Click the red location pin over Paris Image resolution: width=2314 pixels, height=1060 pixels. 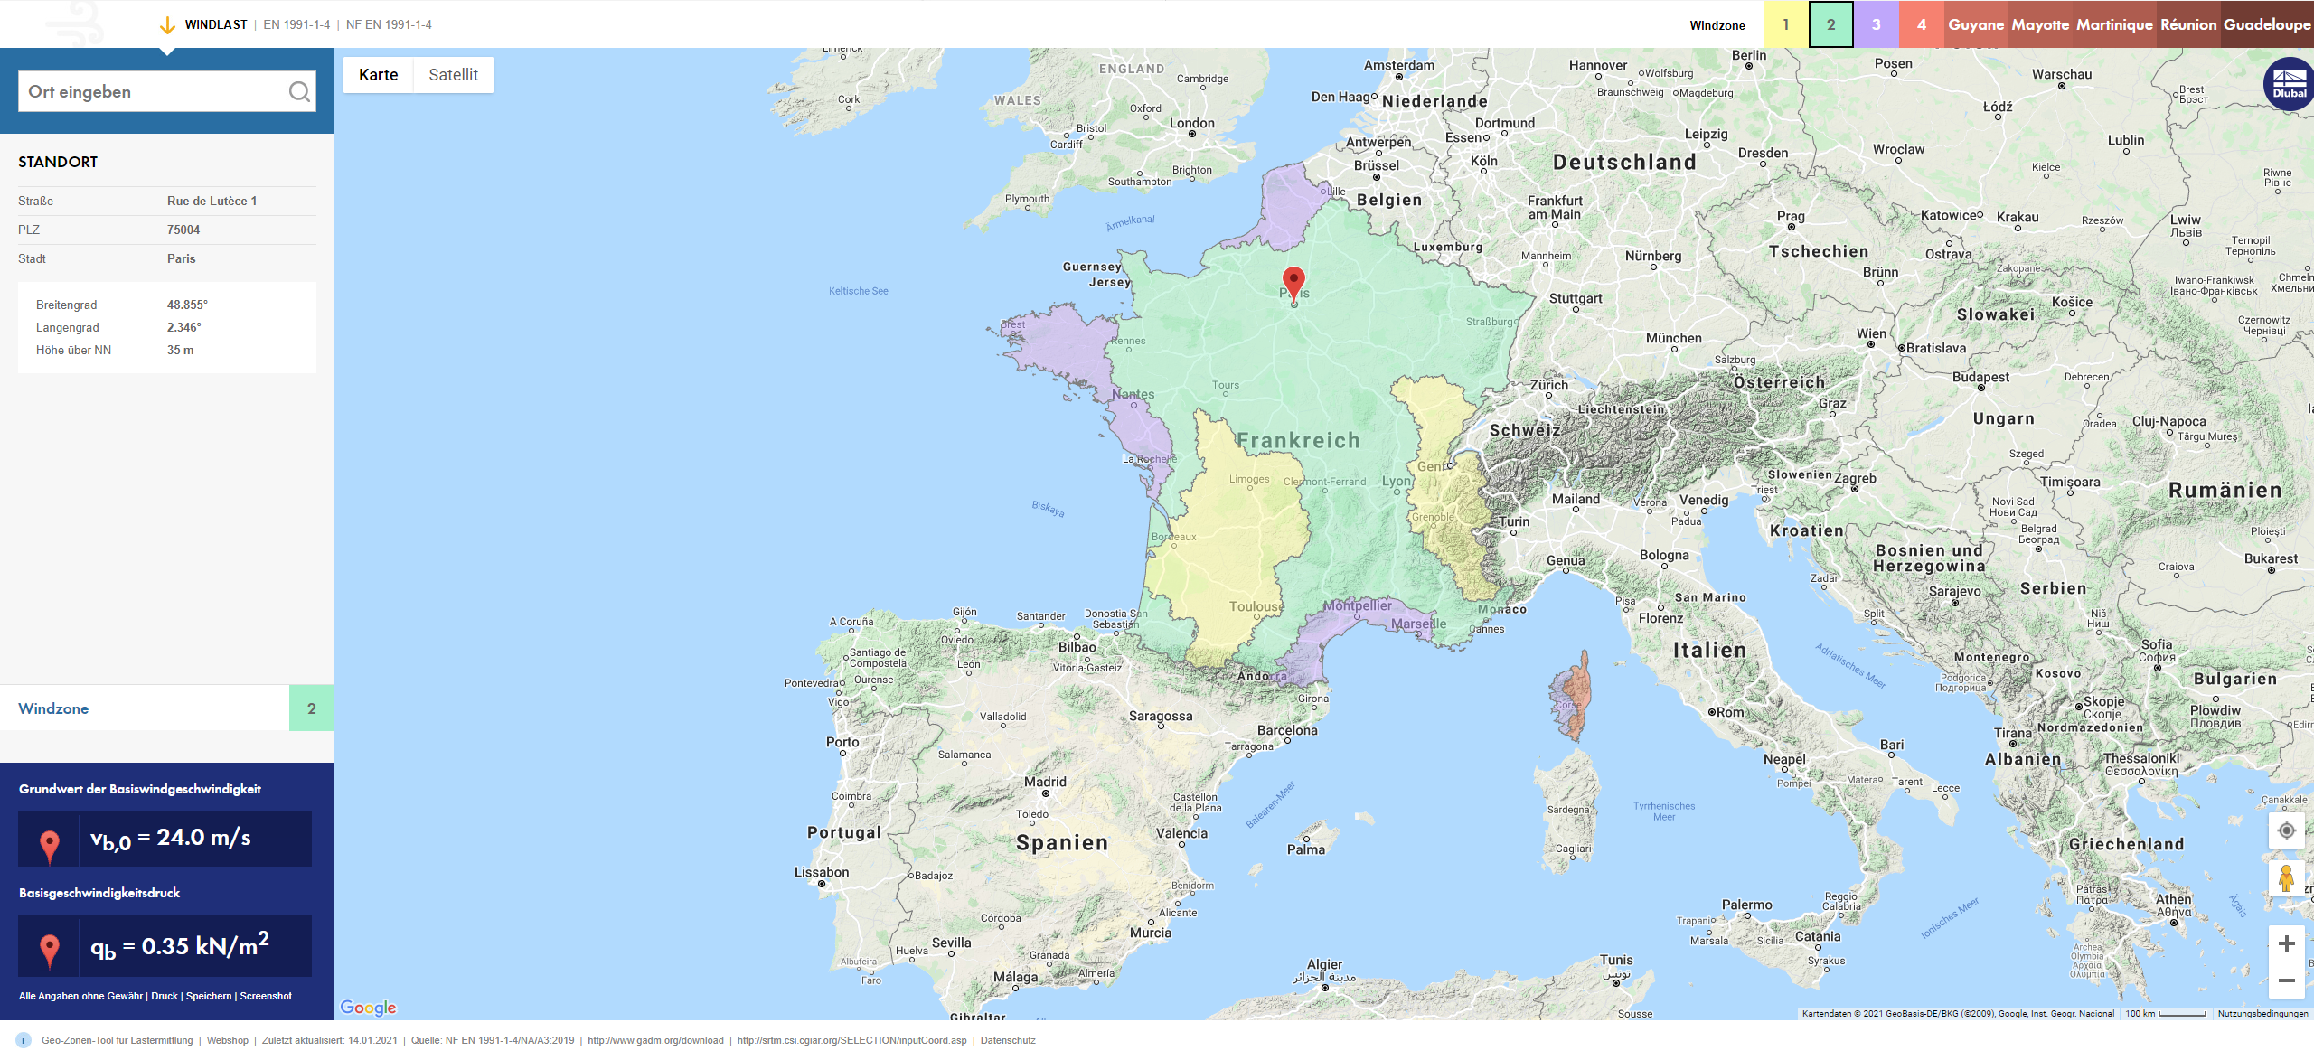coord(1293,281)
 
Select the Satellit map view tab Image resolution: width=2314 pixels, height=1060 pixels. coord(453,75)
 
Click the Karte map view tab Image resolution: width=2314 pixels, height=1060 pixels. coord(378,75)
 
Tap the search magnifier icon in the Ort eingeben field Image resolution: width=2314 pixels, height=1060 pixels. coord(299,92)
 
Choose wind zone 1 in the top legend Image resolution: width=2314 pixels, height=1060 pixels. coord(1785,24)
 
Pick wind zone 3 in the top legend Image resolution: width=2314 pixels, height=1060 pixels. coord(1876,24)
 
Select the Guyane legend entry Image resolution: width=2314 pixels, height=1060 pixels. coord(1976,24)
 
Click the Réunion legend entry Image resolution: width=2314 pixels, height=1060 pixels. coord(2188,24)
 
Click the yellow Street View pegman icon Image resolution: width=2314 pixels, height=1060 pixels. coord(2286,877)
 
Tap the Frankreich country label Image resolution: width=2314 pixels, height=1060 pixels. coord(1298,441)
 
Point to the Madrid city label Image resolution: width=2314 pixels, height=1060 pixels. coord(1045,783)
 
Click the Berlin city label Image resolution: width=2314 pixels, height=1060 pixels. coord(1748,55)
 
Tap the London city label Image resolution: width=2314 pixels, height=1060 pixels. coord(1191,124)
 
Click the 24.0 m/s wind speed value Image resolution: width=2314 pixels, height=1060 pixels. coord(203,838)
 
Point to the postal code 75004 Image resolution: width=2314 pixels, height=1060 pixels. coord(183,230)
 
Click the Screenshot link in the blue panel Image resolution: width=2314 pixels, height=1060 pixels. coord(266,996)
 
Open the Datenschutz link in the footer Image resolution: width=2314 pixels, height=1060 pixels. coord(1008,1040)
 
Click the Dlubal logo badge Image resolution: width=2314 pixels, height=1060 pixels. coord(2288,84)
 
